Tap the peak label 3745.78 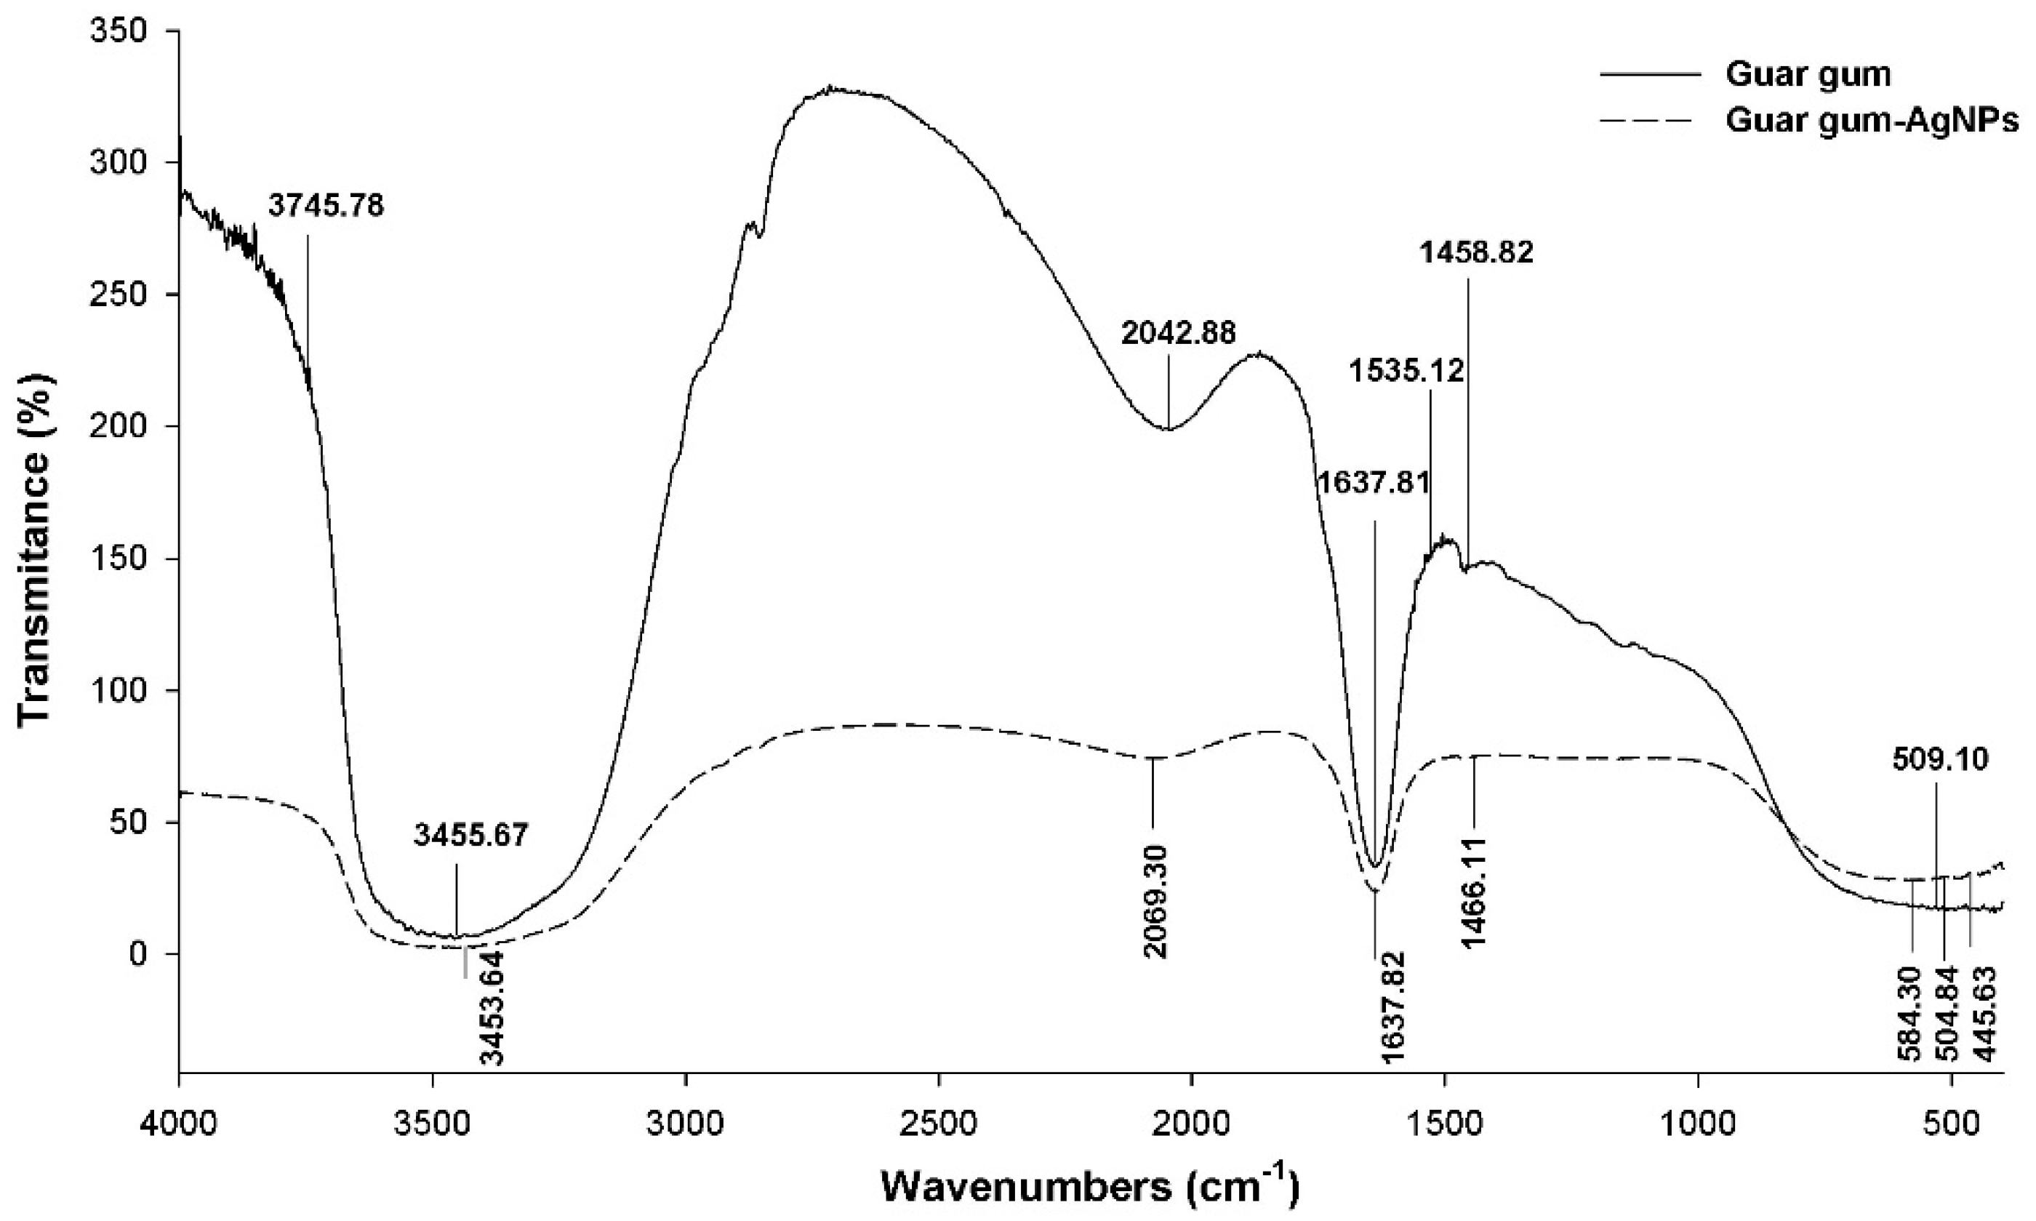pos(326,206)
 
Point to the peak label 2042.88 pos(1178,333)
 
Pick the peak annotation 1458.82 pos(1477,252)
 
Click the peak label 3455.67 pos(470,835)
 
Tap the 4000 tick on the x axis pos(178,1122)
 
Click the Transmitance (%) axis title pos(35,550)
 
